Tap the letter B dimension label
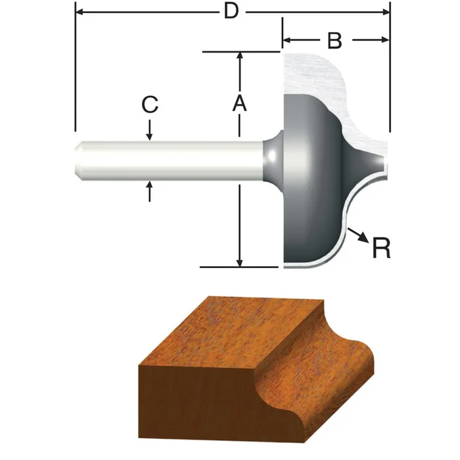pos(334,40)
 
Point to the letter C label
pos(150,104)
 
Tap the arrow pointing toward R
pos(359,235)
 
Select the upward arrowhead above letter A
pos(241,57)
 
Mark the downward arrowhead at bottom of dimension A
pos(241,262)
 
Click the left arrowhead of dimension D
pos(80,11)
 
